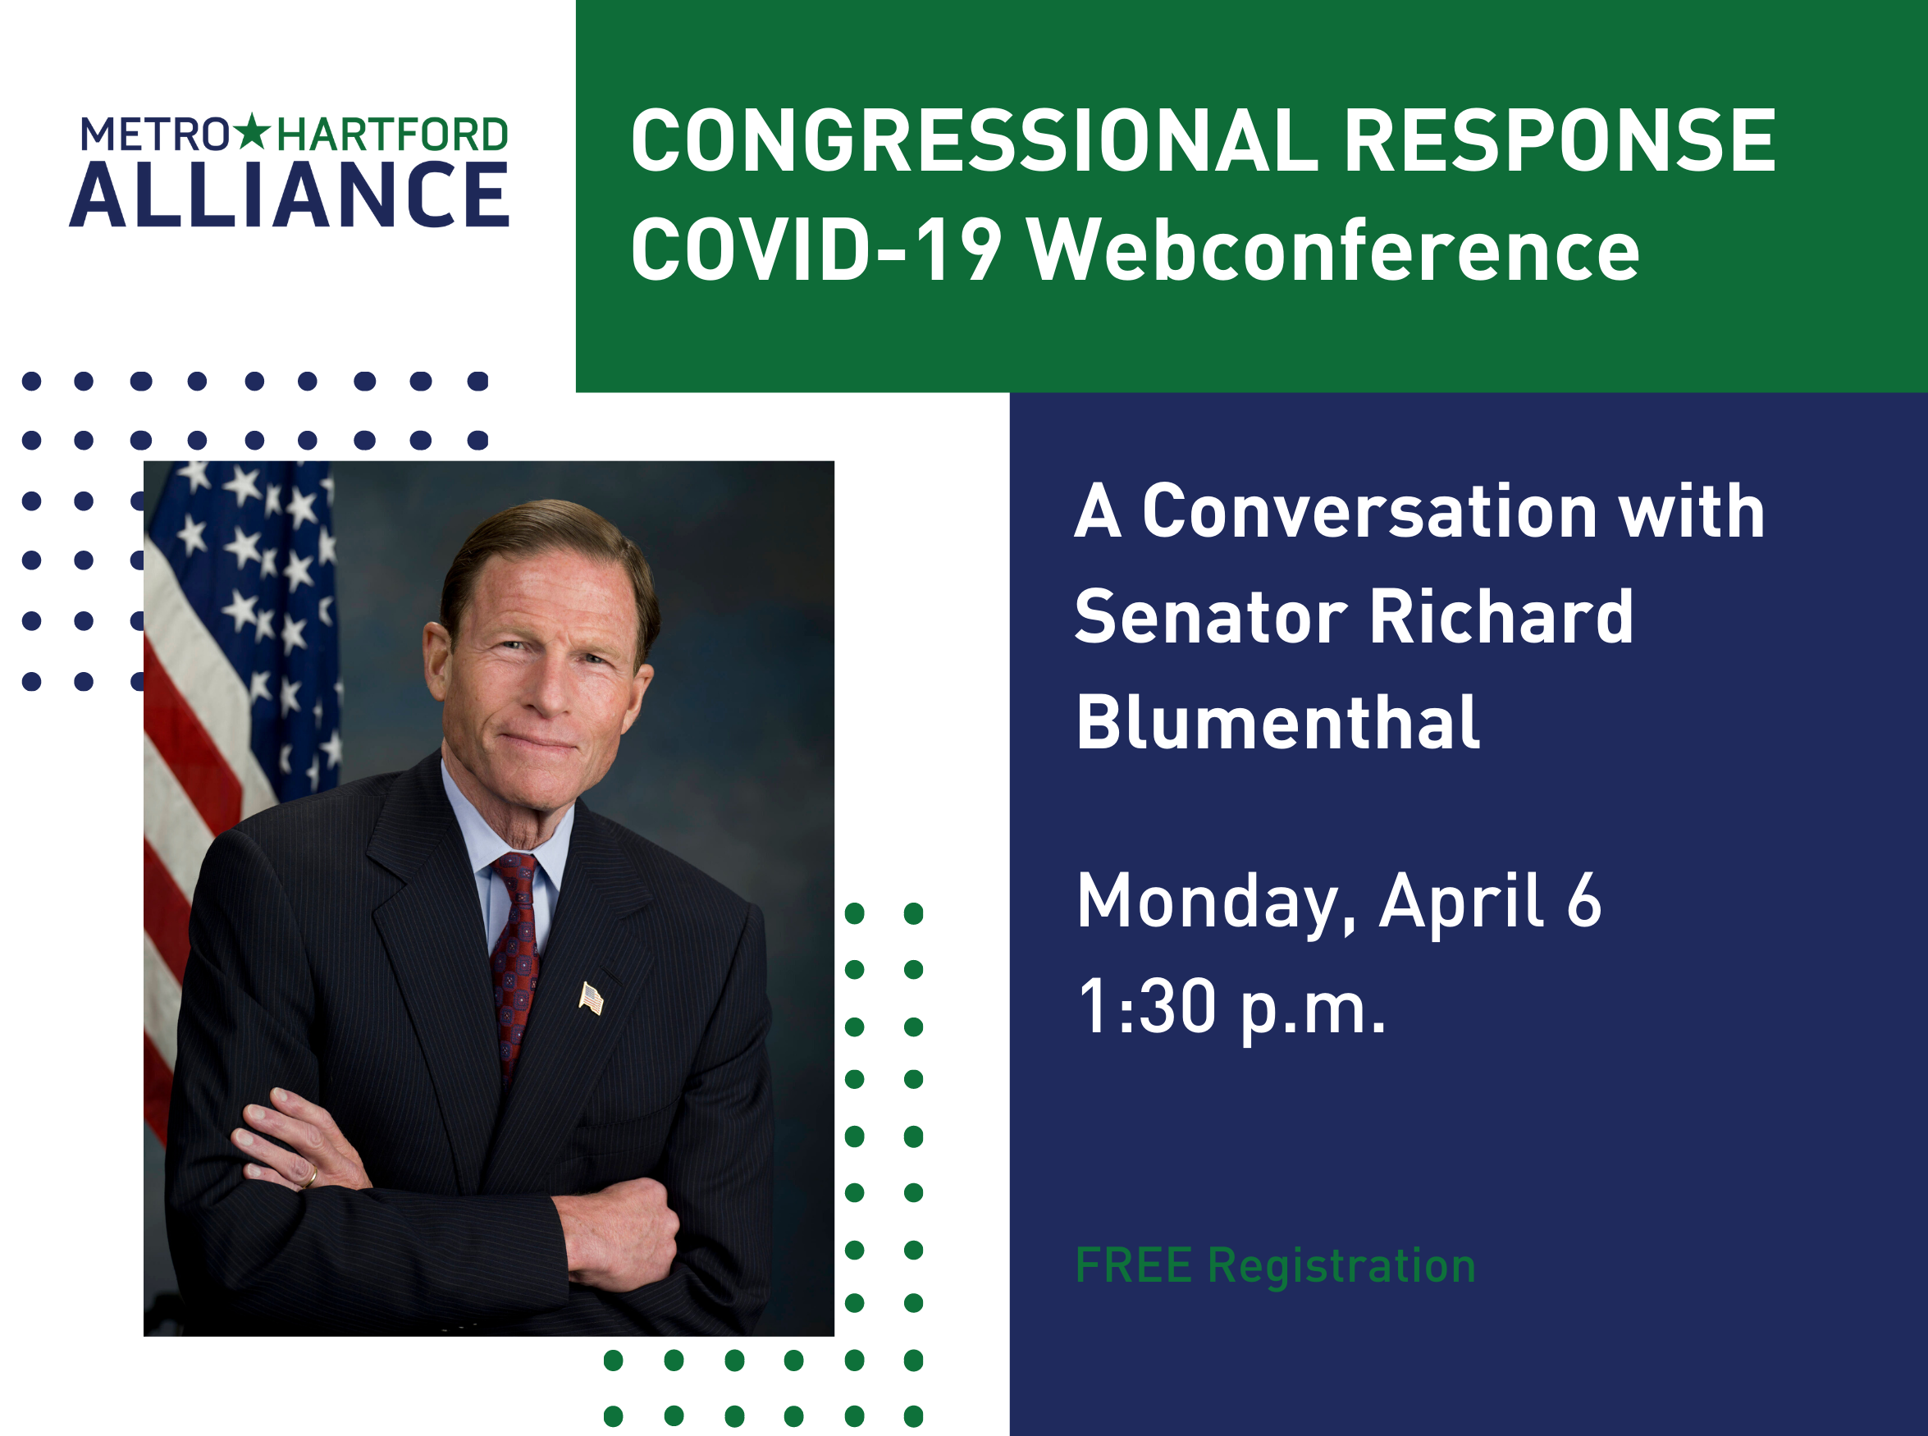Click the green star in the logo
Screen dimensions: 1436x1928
point(253,132)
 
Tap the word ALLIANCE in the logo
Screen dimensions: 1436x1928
point(290,194)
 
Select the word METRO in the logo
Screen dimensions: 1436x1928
point(155,135)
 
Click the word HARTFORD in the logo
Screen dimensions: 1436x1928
point(392,135)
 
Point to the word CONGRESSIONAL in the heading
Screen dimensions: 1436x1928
point(974,141)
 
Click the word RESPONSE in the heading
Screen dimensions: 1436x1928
point(1560,141)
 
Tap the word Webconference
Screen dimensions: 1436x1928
point(1334,250)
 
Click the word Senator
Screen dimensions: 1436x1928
point(1211,617)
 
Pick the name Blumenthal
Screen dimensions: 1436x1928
point(1278,722)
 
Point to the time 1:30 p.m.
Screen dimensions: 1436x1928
point(1231,1008)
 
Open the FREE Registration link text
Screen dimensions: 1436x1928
point(1276,1265)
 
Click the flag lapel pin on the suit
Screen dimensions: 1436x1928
point(591,998)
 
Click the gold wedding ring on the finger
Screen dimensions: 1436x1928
point(308,1176)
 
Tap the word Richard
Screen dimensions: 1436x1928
point(1501,617)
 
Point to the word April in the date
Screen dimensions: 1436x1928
point(1460,903)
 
